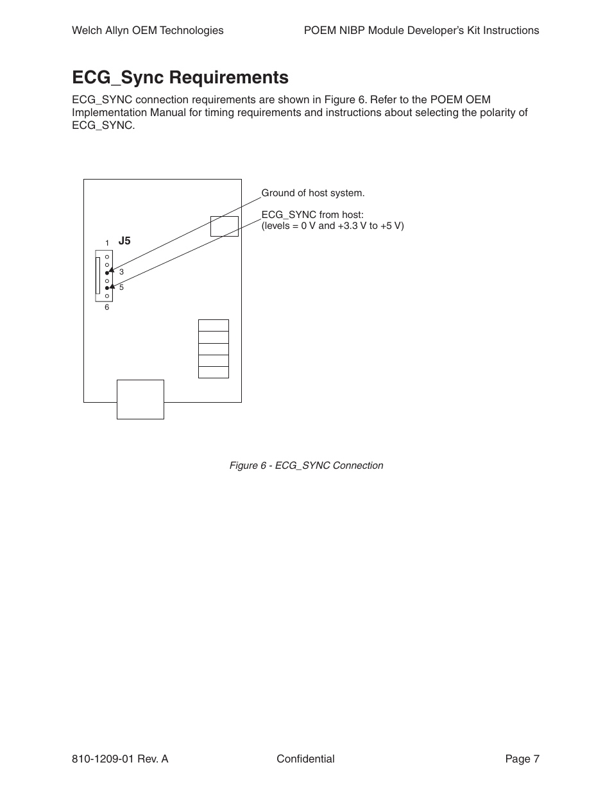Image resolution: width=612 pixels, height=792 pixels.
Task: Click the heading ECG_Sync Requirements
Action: click(x=180, y=78)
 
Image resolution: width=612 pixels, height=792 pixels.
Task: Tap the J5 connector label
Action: click(x=124, y=241)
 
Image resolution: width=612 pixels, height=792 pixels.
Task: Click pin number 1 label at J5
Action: click(x=107, y=243)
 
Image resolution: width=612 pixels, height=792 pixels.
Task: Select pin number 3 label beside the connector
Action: click(x=121, y=272)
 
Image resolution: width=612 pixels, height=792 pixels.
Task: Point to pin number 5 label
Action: click(x=121, y=287)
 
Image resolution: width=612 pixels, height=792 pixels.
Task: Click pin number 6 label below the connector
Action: click(x=107, y=307)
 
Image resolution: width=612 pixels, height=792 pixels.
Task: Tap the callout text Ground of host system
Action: click(x=312, y=193)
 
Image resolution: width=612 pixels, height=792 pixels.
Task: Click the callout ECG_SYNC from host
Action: click(x=312, y=215)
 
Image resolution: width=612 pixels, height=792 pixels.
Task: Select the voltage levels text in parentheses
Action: click(x=332, y=226)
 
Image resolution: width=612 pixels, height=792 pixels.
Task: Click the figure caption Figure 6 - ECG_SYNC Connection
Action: click(x=306, y=466)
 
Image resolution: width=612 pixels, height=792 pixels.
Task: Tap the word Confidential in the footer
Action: click(x=305, y=759)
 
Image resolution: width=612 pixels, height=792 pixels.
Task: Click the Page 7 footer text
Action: click(x=522, y=759)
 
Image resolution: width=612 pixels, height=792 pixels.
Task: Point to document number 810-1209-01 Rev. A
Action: click(x=120, y=759)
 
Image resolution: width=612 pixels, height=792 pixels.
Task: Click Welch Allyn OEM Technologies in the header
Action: click(x=148, y=30)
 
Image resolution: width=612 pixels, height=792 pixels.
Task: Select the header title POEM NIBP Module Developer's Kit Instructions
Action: click(x=421, y=30)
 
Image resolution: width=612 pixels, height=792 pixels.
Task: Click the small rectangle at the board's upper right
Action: click(x=225, y=226)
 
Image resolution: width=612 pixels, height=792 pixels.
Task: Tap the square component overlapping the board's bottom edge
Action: click(x=140, y=399)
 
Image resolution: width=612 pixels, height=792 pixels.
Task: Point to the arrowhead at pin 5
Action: click(x=113, y=287)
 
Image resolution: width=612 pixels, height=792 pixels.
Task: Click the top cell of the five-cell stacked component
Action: click(x=214, y=325)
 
